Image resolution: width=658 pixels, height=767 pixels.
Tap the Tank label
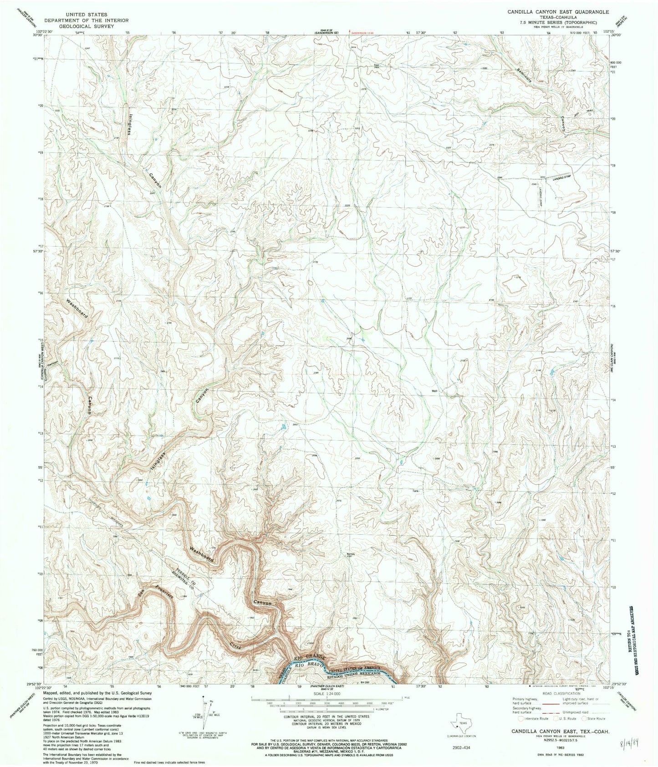pos(415,491)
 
